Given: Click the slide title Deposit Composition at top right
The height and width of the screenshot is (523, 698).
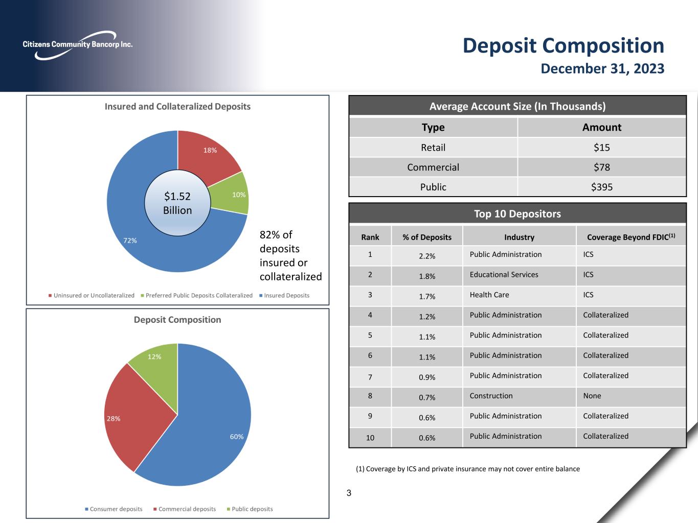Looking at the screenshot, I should (563, 45).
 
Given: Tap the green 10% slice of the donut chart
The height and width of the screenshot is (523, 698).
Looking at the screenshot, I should (235, 195).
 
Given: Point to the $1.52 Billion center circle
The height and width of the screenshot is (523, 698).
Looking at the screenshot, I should (177, 203).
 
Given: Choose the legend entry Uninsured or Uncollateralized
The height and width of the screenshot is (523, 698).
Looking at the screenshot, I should (92, 295).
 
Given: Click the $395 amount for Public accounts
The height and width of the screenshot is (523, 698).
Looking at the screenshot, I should (601, 187).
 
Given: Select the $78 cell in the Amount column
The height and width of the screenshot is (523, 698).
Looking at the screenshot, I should (601, 167).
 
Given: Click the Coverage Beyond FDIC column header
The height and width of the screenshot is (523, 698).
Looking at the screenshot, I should (631, 237).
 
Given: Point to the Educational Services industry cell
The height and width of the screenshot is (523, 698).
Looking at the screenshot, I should (504, 275).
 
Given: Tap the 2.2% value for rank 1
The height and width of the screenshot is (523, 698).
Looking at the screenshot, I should (427, 256).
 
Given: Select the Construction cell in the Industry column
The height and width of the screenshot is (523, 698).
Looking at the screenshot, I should (491, 396).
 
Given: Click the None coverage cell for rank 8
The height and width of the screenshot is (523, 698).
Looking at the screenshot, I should (592, 396).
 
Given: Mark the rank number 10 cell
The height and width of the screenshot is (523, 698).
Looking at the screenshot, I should (370, 438).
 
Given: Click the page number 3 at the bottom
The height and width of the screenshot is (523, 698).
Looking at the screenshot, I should (349, 493).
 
